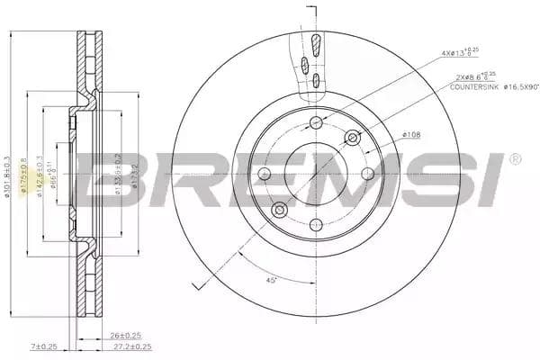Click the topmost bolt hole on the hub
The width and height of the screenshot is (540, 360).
[x=315, y=122]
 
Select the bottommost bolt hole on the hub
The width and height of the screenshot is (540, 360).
[x=315, y=225]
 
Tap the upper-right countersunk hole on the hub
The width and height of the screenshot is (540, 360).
[x=352, y=138]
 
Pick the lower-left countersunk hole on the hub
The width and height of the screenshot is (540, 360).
[x=279, y=211]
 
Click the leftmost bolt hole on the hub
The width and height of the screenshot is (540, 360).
[x=264, y=174]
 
